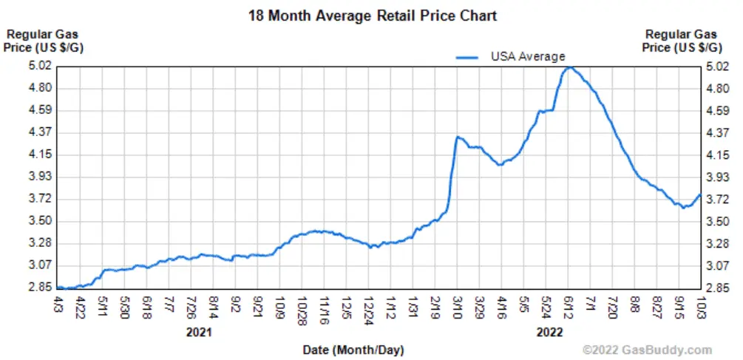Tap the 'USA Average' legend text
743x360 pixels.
[528, 56]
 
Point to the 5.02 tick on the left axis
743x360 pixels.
[41, 66]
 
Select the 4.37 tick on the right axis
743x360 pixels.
[717, 132]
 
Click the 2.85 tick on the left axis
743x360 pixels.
[41, 288]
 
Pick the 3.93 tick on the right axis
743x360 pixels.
[717, 177]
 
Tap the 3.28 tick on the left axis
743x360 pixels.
[41, 243]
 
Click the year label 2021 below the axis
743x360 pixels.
[200, 332]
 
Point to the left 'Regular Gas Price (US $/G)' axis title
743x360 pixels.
[42, 41]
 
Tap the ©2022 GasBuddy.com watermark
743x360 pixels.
[647, 350]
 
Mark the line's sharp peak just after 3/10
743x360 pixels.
[458, 137]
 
